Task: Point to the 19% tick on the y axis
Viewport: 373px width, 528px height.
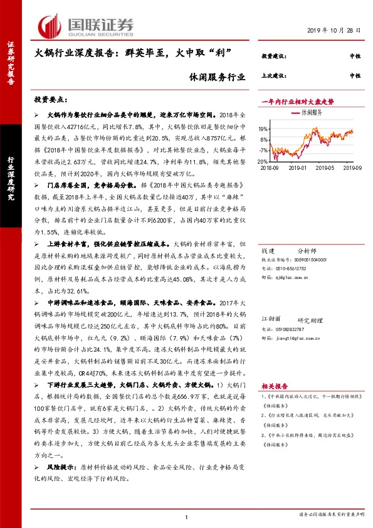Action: click(x=263, y=129)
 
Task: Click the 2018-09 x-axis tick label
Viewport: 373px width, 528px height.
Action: click(x=269, y=167)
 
